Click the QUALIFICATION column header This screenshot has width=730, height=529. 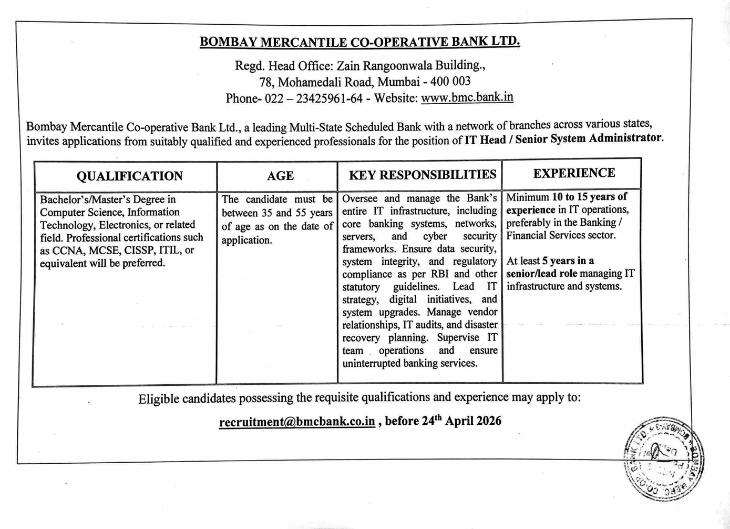(129, 176)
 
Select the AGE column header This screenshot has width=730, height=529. (280, 176)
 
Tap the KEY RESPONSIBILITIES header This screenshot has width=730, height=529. (423, 175)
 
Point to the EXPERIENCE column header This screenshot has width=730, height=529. (574, 173)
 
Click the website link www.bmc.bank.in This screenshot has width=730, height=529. (467, 97)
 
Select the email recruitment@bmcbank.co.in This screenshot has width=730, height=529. (297, 422)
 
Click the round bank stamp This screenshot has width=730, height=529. (664, 459)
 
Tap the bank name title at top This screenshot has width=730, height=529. (359, 42)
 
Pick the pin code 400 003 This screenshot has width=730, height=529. (450, 82)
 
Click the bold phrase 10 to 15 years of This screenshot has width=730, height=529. (589, 197)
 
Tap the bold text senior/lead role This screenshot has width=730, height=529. (541, 274)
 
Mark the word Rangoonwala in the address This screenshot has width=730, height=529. (393, 66)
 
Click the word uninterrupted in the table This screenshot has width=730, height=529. (371, 364)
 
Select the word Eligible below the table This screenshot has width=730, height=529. (158, 399)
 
